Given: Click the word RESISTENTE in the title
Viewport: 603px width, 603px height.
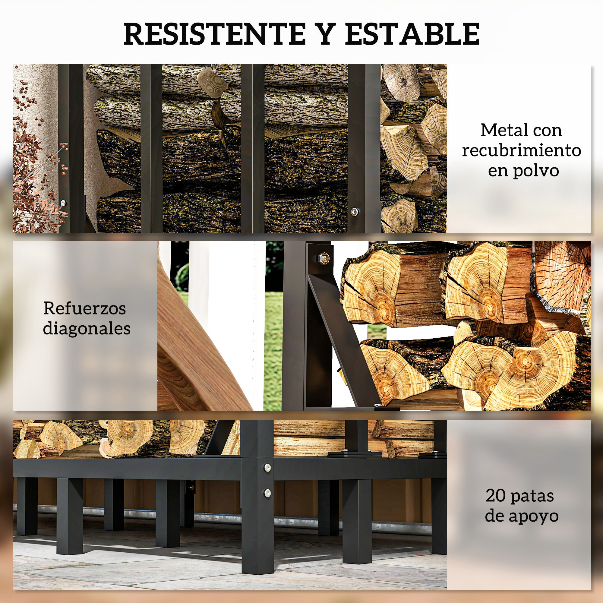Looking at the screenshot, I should (x=215, y=34).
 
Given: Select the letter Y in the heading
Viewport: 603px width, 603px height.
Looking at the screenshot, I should (x=325, y=34).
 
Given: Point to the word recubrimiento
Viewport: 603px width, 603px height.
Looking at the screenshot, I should (x=521, y=151).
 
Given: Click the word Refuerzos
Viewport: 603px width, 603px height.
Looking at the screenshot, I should (x=85, y=308).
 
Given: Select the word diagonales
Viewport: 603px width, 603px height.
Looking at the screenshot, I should (x=87, y=329).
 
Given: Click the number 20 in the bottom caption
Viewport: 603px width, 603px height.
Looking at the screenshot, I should (x=496, y=496).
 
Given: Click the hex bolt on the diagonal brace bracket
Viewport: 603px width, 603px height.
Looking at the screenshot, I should (x=323, y=258).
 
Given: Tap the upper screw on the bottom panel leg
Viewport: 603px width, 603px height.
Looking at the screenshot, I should (x=267, y=468).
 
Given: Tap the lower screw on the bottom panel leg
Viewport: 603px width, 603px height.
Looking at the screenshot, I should (x=267, y=493).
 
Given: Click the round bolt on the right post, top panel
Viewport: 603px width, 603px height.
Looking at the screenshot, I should (x=355, y=211).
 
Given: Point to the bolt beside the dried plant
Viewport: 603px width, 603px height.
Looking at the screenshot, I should (x=64, y=203).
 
